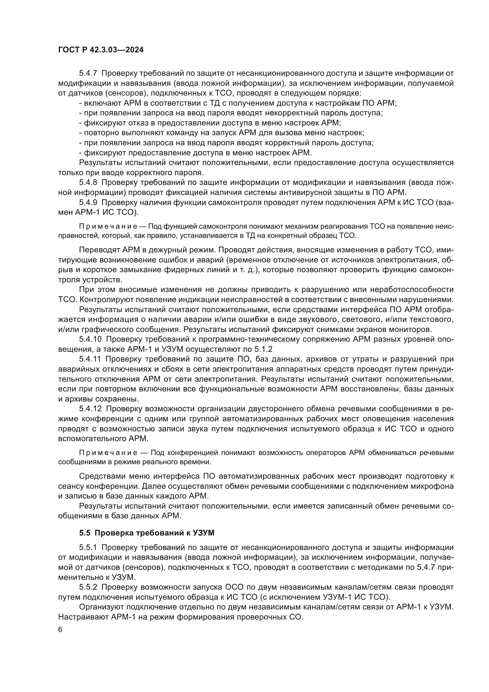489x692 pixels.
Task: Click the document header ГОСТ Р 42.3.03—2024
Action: tap(101, 50)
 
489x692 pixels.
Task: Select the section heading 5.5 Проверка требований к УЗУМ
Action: tap(147, 533)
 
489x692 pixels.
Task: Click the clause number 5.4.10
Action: tap(90, 339)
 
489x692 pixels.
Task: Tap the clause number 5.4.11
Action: tap(90, 359)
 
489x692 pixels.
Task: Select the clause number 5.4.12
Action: tap(90, 409)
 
